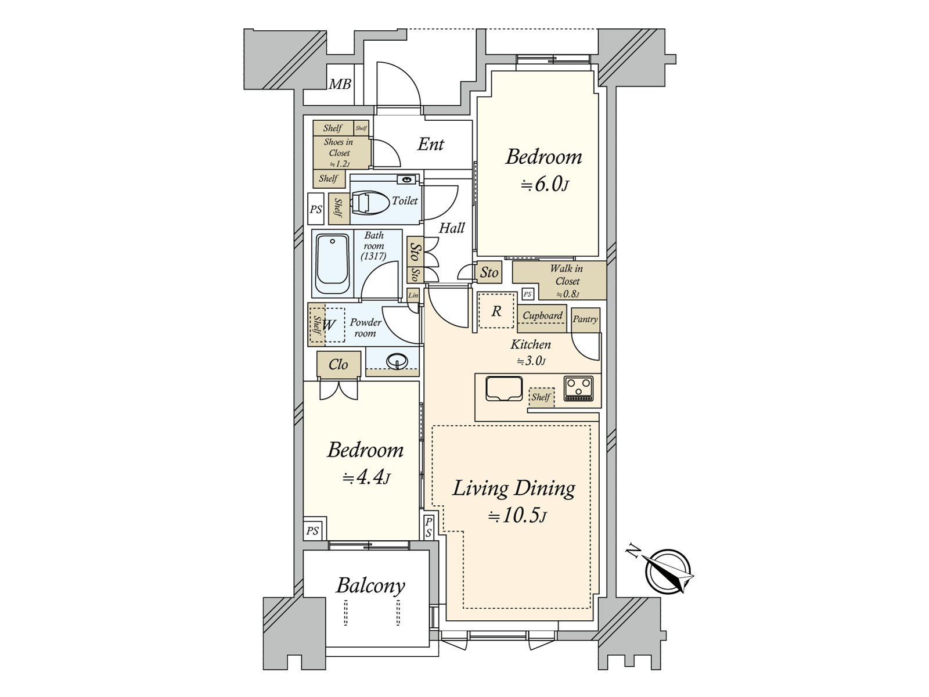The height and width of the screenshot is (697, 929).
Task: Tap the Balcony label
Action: pyautogui.click(x=370, y=586)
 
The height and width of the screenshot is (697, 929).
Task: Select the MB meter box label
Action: pyautogui.click(x=340, y=85)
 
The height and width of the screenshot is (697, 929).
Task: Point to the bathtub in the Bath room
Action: pyautogui.click(x=333, y=264)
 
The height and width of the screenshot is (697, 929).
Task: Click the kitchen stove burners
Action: pyautogui.click(x=578, y=389)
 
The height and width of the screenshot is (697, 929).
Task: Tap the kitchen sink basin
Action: pyautogui.click(x=503, y=388)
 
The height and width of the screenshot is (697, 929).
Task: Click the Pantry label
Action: pyautogui.click(x=585, y=319)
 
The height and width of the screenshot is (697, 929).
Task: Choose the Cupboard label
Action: pyautogui.click(x=542, y=315)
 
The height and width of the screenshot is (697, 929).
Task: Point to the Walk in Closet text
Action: pyautogui.click(x=567, y=275)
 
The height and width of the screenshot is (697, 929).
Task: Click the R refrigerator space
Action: pyautogui.click(x=496, y=311)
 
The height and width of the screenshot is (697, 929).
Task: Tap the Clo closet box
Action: pyautogui.click(x=339, y=364)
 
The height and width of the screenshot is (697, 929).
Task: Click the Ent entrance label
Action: pyautogui.click(x=430, y=144)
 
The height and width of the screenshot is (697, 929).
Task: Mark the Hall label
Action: pyautogui.click(x=452, y=228)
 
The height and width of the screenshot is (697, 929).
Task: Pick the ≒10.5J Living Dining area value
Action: pyautogui.click(x=517, y=516)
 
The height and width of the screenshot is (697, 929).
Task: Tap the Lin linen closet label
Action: pyautogui.click(x=413, y=296)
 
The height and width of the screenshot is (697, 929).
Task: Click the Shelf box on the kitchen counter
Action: pyautogui.click(x=541, y=397)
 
